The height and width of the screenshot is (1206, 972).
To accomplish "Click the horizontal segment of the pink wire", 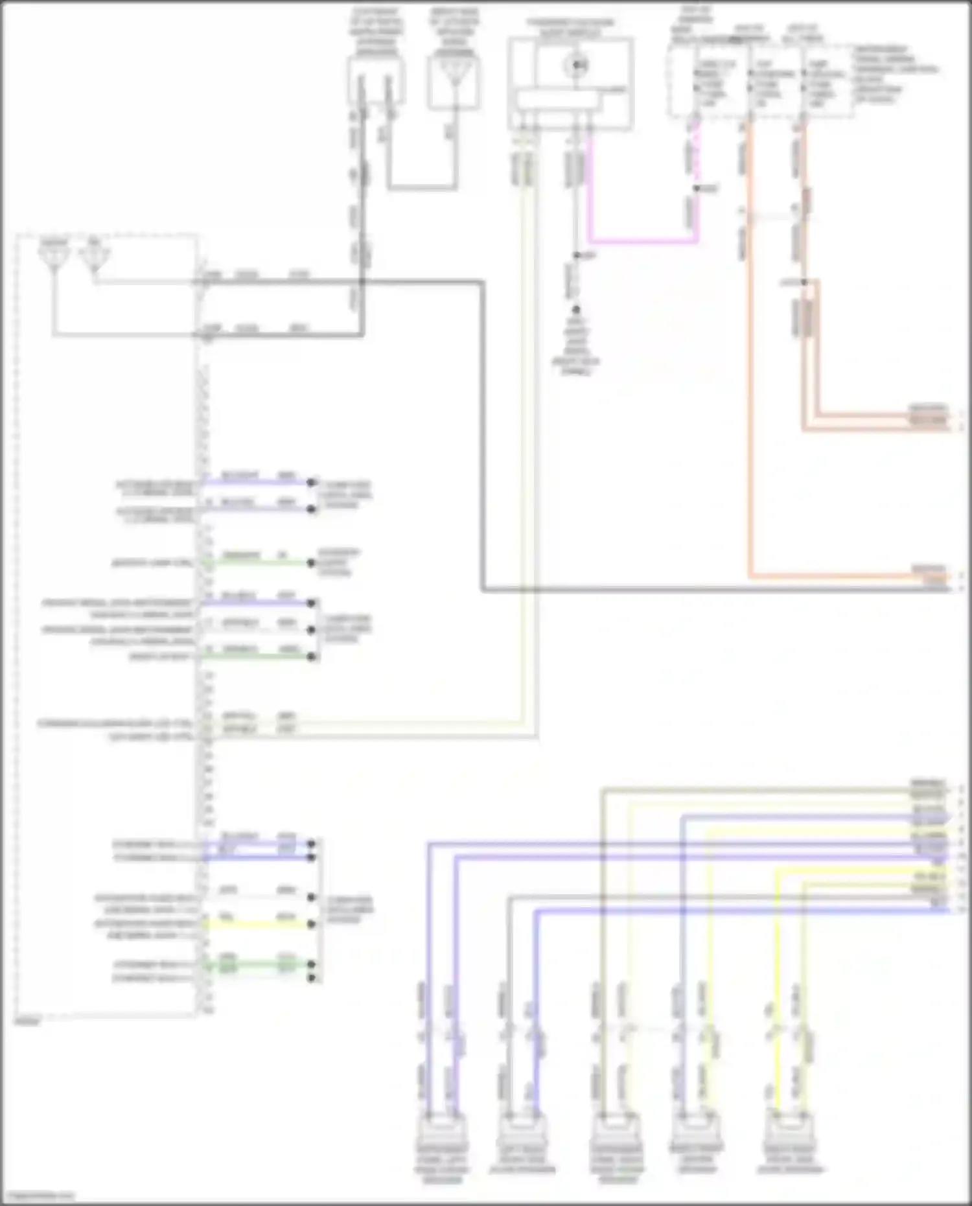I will click(x=642, y=242).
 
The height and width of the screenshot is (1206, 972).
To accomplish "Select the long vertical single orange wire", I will click(x=750, y=389).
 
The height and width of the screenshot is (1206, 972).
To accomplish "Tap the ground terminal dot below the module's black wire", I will click(x=575, y=310).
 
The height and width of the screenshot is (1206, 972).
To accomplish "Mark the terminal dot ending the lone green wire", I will click(x=311, y=562).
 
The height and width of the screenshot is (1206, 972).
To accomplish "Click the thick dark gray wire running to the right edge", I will click(x=713, y=590).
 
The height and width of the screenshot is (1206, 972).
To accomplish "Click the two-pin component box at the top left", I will click(x=376, y=81).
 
